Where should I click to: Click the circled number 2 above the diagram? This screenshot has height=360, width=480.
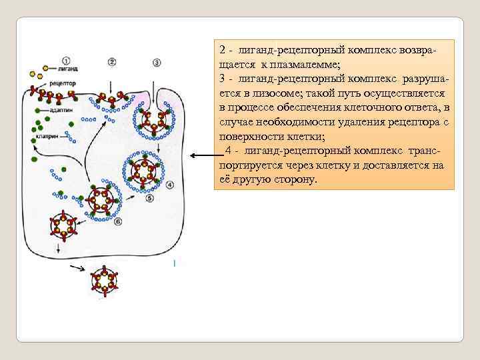(112, 62)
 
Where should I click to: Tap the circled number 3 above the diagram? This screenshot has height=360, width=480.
(157, 63)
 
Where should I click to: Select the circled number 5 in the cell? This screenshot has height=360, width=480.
(150, 198)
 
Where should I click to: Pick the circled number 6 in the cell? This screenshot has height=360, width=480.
(118, 221)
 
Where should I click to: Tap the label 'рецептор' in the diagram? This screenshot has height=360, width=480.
(63, 83)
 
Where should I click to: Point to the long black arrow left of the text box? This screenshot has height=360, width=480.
(200, 156)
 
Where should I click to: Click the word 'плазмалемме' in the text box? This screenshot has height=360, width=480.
(307, 64)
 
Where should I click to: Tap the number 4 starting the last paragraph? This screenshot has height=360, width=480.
(229, 151)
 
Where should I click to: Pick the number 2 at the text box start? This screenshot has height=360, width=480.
(222, 50)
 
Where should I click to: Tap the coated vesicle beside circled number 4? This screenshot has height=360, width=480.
(142, 171)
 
